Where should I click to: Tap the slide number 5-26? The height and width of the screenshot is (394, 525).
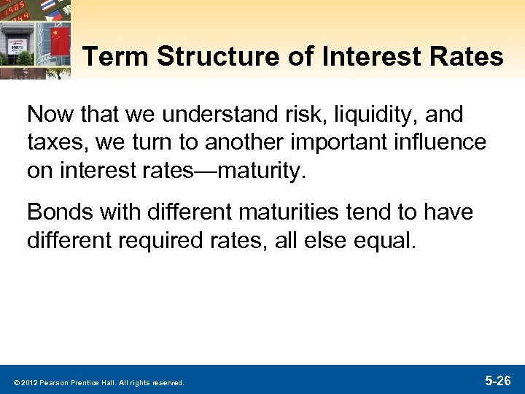[499, 381]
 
